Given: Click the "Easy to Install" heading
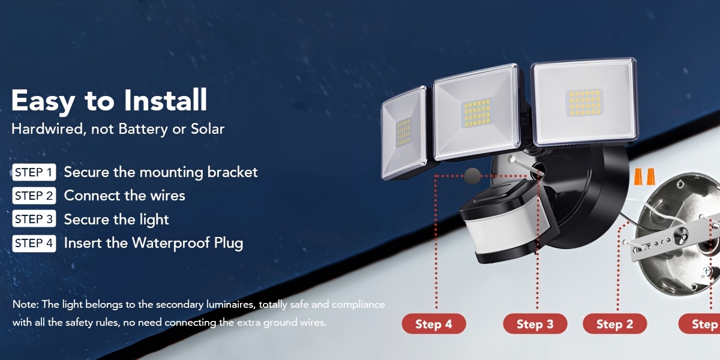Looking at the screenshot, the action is tap(109, 101).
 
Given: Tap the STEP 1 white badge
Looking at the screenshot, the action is tap(34, 172).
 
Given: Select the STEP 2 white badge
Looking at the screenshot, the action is tap(34, 196).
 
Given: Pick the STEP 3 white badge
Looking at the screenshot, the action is tap(34, 219).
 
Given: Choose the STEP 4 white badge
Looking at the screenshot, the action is tap(34, 244).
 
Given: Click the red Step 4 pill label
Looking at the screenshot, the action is tap(434, 323).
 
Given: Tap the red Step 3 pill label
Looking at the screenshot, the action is tap(535, 323).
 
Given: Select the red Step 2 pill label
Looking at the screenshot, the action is tap(615, 323).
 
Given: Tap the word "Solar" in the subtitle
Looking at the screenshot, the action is tap(208, 129).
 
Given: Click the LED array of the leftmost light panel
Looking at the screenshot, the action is tap(403, 133).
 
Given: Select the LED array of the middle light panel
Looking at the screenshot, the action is tap(476, 113).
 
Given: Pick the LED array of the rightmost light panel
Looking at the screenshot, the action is tap(584, 103).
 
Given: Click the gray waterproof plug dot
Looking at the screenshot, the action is tap(473, 176).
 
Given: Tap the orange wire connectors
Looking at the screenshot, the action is tap(644, 176).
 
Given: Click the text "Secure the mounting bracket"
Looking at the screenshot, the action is tap(161, 172).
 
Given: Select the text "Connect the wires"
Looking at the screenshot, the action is tap(124, 196).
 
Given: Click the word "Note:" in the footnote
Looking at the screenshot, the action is tap(26, 304).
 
